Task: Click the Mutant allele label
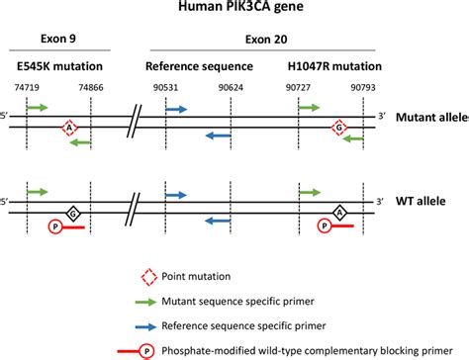point(431,118)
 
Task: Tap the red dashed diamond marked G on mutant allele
point(338,128)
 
